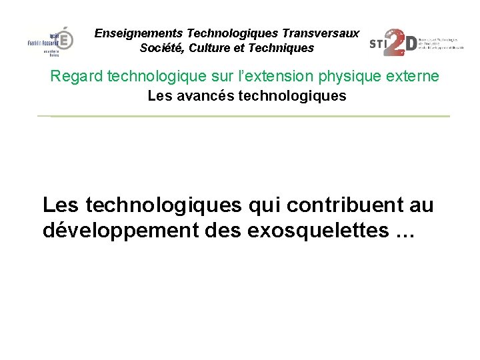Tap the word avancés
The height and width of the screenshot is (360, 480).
pyautogui.click(x=203, y=96)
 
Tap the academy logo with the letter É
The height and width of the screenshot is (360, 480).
pyautogui.click(x=52, y=41)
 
